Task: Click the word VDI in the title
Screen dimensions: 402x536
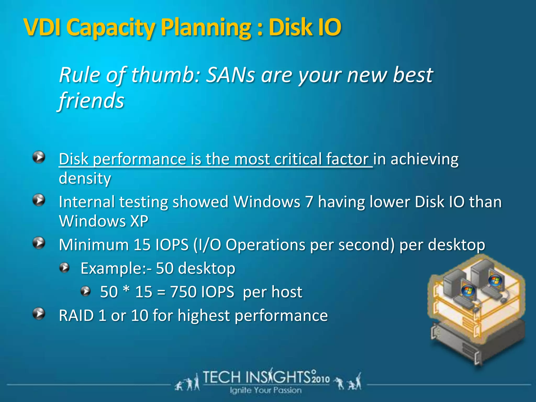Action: (x=42, y=27)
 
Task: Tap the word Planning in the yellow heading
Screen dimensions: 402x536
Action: (x=206, y=28)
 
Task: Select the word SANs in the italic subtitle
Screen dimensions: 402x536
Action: (x=230, y=75)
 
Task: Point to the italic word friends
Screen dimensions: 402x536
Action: (x=91, y=101)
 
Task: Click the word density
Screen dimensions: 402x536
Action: (x=85, y=179)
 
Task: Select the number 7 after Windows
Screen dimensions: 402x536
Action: (x=309, y=202)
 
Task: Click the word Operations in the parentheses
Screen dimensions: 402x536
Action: (x=265, y=245)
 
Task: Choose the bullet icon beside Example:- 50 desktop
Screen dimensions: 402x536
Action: (x=64, y=268)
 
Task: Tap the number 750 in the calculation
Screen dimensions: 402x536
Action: (x=183, y=292)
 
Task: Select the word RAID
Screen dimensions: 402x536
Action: (x=76, y=315)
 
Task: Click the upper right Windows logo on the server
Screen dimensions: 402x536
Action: (x=495, y=281)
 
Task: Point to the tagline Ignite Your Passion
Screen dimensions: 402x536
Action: (x=266, y=390)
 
